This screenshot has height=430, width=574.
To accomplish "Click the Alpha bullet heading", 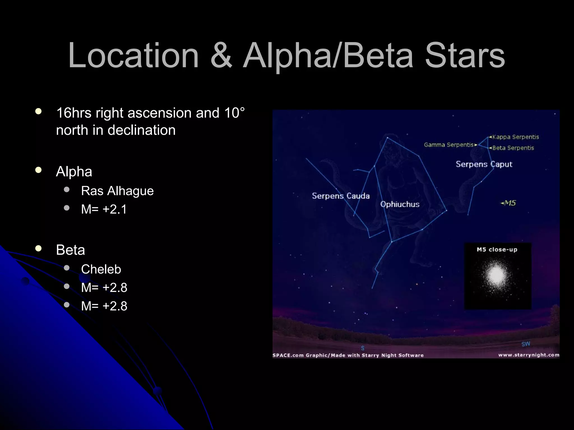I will coord(74,172).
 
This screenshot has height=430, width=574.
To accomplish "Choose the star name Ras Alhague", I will coord(117,191).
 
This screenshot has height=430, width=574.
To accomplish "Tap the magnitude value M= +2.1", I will coord(104,209).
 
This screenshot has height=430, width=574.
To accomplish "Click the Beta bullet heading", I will coord(70,250).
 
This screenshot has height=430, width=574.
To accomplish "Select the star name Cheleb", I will coord(101,269).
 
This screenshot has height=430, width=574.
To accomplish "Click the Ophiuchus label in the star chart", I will coord(400,204).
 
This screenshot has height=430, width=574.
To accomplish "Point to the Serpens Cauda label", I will coord(341,196).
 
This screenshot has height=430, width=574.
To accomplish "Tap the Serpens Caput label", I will coord(484,164).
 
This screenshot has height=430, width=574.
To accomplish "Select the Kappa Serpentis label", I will coord(515,137).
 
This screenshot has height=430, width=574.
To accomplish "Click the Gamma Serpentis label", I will coord(449,145).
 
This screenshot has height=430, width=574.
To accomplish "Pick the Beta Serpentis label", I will coord(513,148).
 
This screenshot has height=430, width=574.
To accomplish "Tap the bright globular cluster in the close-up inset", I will coord(496,275).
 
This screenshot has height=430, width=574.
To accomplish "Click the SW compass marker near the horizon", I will coord(526,344).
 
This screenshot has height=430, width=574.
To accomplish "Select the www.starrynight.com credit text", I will coord(529,355).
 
